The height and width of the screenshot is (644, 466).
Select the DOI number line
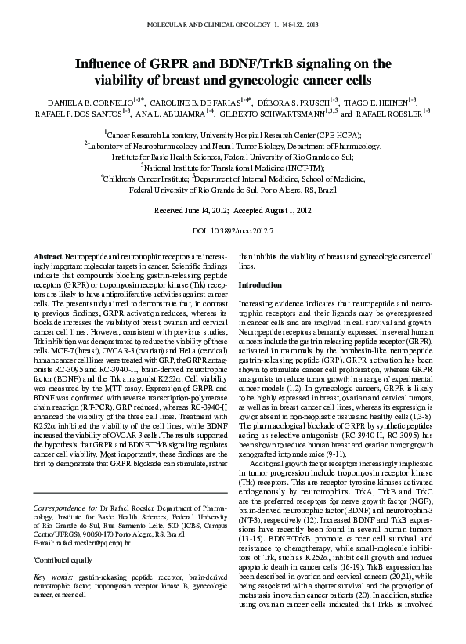(233, 233)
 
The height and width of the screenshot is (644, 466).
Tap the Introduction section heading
(259, 284)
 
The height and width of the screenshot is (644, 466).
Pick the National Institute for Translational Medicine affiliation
(233, 168)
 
